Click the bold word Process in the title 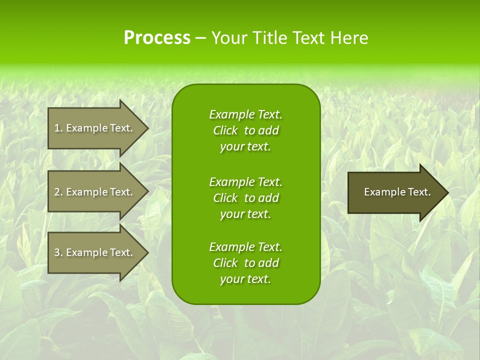tap(157, 38)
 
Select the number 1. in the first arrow tap(58, 128)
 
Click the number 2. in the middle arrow tap(58, 192)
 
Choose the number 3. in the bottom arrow tap(58, 252)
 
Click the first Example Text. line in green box tap(245, 114)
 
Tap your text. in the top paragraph tap(245, 146)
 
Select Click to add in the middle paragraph tap(245, 198)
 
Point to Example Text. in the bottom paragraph tap(245, 247)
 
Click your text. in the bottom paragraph tap(245, 279)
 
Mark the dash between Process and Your tap(200, 38)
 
